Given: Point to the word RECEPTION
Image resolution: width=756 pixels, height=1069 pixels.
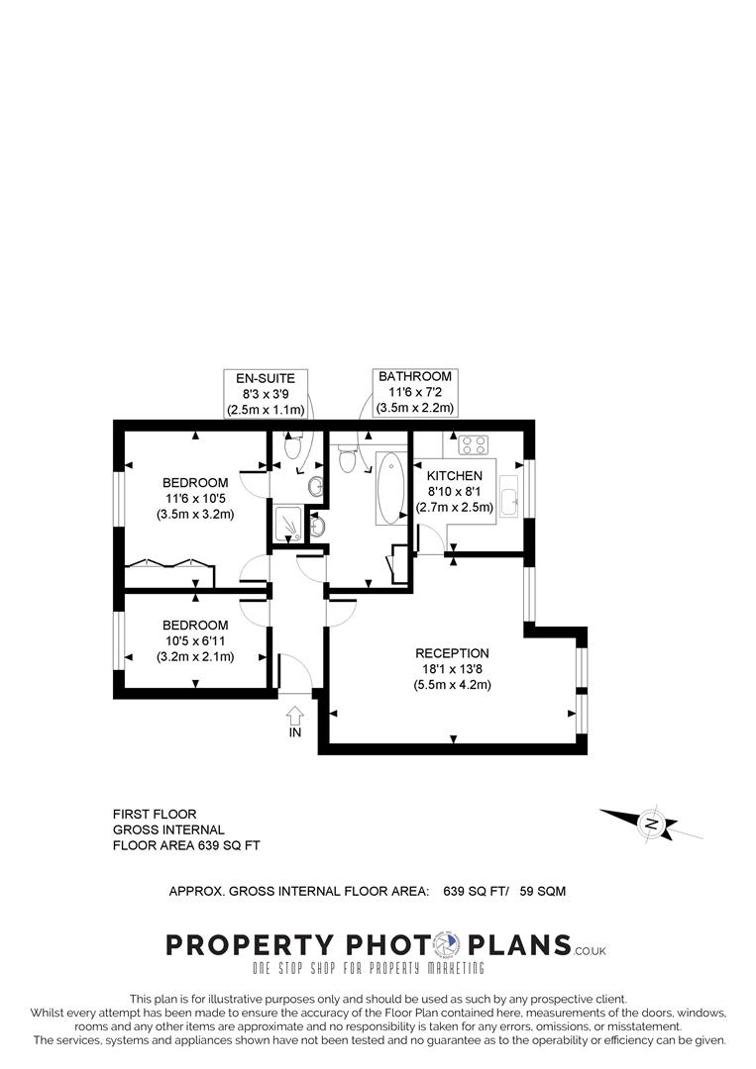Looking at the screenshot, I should (x=452, y=653).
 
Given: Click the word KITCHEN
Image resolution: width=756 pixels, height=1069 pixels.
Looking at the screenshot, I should (x=455, y=476).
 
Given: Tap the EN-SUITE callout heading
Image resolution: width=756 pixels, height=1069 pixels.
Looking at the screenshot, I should (x=265, y=378).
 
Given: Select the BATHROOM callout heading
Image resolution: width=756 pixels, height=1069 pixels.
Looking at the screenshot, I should (x=415, y=376).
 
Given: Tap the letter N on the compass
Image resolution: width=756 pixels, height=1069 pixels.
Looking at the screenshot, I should (x=651, y=823).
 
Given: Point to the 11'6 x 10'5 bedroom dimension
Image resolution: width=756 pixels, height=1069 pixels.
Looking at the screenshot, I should (x=195, y=499).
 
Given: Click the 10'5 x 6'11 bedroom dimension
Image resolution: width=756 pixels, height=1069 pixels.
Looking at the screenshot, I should (x=195, y=640).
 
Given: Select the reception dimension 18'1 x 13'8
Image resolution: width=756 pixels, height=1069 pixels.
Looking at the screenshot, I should (x=452, y=669).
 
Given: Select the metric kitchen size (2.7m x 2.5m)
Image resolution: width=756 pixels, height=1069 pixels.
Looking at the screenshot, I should (x=455, y=507).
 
